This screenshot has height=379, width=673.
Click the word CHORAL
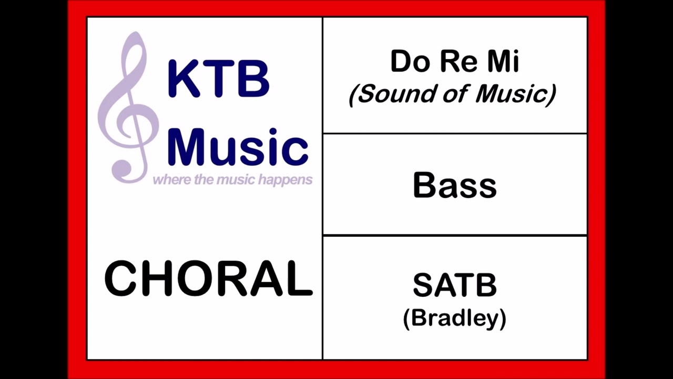[209, 278]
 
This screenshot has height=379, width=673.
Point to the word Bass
[455, 185]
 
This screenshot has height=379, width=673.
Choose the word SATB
[455, 285]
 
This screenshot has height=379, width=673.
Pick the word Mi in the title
[503, 62]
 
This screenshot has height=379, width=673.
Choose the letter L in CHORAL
[299, 278]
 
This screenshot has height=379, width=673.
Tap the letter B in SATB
[485, 285]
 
